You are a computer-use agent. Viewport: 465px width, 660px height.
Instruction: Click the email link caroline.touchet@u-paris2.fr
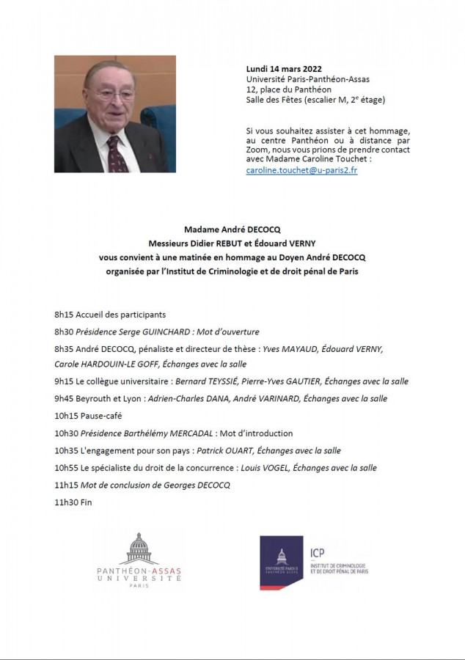click(x=301, y=170)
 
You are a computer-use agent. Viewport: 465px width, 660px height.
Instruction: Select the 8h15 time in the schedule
click(x=65, y=315)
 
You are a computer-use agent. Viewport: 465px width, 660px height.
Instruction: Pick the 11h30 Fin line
click(x=73, y=502)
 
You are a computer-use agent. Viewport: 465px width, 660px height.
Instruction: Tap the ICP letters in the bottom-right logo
click(x=318, y=554)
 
